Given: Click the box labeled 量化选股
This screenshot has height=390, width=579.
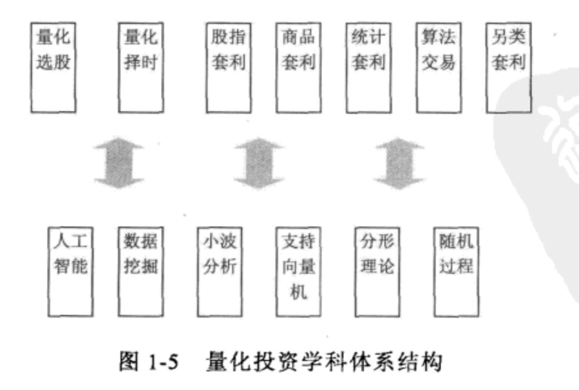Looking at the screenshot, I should pos(54,67).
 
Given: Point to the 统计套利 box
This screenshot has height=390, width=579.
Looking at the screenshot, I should pos(368,67).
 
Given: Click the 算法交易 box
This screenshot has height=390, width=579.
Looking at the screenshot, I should pos(438,67).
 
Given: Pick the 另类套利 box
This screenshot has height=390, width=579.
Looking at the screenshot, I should pos(508,67).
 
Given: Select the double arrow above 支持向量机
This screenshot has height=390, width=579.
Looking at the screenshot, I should pos(259,163).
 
